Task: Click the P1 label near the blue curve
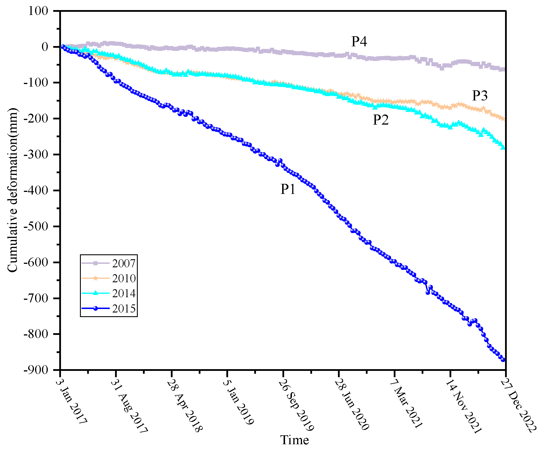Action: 288,189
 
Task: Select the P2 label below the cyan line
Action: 381,120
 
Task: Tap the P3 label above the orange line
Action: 480,96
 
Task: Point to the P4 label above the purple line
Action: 359,42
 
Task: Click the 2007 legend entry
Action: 123,263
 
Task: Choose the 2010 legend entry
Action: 123,278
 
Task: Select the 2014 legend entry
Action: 123,293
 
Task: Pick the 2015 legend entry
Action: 123,309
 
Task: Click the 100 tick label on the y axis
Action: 38,11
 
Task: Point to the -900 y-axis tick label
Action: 36,370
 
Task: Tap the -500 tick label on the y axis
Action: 36,226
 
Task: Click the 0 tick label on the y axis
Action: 45,47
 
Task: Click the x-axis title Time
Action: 295,440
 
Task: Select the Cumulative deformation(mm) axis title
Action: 13,190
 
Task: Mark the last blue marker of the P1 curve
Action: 503,360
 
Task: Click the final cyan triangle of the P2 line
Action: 503,147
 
